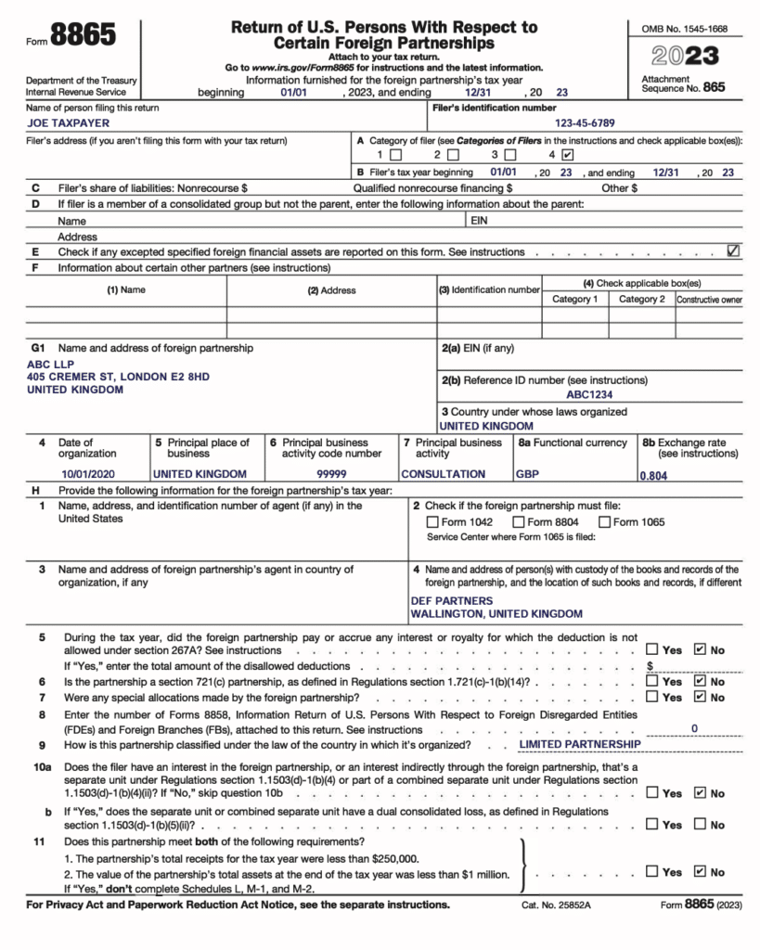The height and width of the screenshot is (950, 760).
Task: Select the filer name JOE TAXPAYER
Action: click(68, 122)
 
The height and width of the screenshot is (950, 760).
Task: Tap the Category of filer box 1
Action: click(396, 155)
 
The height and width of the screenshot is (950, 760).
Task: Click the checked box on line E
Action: click(733, 250)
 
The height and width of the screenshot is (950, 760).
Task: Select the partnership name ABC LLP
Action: click(50, 365)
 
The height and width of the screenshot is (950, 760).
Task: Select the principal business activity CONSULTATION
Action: click(443, 473)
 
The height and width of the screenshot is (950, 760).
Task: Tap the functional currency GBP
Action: click(527, 473)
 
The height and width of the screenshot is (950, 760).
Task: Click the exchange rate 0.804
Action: click(653, 475)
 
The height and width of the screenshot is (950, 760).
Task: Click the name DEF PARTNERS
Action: click(452, 600)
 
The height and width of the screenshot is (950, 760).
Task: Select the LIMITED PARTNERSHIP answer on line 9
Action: click(579, 744)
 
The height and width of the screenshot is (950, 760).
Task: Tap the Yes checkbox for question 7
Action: click(652, 698)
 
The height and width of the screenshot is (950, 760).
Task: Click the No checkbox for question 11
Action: click(700, 872)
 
